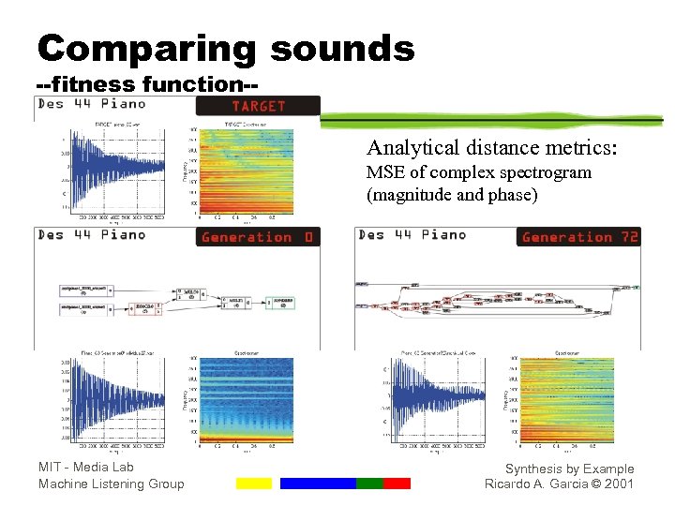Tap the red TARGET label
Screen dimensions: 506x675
click(258, 106)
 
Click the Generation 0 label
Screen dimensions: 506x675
click(258, 237)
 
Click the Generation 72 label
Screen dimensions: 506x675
click(579, 237)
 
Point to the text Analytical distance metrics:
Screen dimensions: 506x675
click(491, 148)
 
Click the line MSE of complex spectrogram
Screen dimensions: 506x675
click(478, 172)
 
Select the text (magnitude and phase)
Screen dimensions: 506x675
click(452, 195)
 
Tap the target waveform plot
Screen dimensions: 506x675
click(113, 173)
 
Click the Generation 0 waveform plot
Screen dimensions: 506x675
click(113, 398)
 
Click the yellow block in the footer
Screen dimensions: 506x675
click(253, 484)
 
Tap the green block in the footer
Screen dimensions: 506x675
click(369, 484)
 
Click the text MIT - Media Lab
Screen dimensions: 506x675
click(86, 467)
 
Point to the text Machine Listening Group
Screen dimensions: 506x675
click(112, 484)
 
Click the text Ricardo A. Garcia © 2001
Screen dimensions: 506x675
click(559, 484)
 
